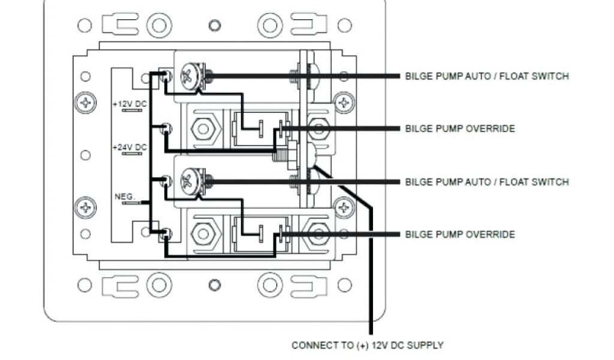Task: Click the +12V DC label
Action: coord(129,104)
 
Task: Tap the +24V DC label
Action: coord(130,147)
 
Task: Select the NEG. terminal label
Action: coord(125,196)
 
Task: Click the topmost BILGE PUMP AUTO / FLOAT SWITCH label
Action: coord(487,76)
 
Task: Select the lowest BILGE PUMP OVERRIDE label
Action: coord(460,234)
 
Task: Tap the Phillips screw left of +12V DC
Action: coord(86,102)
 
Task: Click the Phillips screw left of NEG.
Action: coord(86,208)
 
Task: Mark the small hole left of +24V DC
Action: coord(86,155)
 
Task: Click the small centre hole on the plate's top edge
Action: coord(215,25)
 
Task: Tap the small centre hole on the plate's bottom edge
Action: coord(215,284)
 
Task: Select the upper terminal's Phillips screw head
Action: coord(189,76)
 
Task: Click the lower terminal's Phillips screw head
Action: coord(189,181)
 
